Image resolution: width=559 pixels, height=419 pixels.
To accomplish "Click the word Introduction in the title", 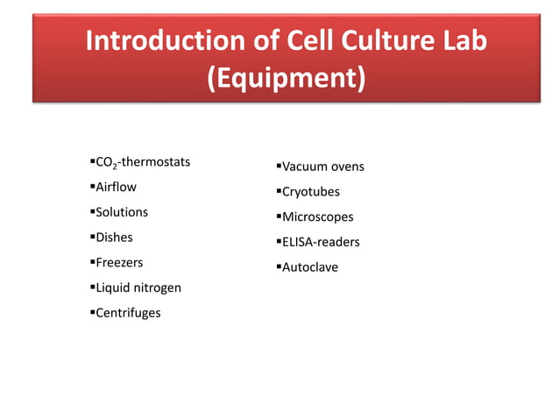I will click(162, 41).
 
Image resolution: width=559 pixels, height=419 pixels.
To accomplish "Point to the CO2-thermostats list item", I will click(143, 162).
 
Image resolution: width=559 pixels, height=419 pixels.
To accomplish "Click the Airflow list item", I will click(116, 187).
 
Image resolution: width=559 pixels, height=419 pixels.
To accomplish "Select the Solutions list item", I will click(122, 212).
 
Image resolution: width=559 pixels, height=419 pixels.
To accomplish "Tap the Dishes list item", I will click(114, 237).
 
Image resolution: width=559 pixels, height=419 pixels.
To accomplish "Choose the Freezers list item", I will click(119, 262).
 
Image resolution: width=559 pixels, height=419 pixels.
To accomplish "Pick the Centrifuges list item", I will click(128, 312).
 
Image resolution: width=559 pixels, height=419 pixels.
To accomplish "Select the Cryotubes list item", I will click(310, 191).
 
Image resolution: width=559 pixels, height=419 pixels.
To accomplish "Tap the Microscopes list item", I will click(317, 217).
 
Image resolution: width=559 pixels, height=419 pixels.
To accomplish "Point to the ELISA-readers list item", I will click(320, 242).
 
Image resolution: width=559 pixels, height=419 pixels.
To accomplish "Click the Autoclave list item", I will click(309, 266).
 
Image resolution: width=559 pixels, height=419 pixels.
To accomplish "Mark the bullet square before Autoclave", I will click(277, 266).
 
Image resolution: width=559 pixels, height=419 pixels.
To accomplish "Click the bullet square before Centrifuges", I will click(91, 312).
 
